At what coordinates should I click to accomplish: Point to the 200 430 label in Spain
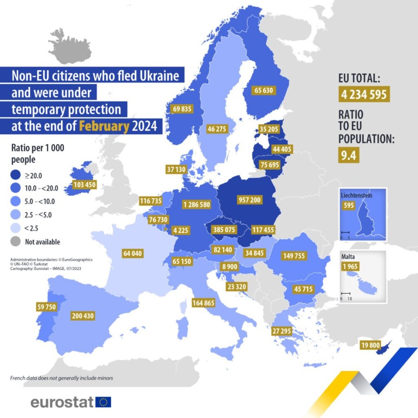pyautogui.click(x=83, y=316)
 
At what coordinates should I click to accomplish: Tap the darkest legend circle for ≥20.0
pyautogui.click(x=17, y=175)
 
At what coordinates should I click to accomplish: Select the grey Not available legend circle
pyautogui.click(x=17, y=242)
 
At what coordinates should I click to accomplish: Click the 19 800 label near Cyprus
pyautogui.click(x=371, y=345)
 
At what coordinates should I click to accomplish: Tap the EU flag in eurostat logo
pyautogui.click(x=103, y=402)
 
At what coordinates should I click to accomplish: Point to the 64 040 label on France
pyautogui.click(x=132, y=254)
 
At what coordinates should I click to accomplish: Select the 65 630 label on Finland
pyautogui.click(x=264, y=91)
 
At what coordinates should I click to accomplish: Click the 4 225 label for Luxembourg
pyautogui.click(x=180, y=229)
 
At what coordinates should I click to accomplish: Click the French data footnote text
pyautogui.click(x=61, y=378)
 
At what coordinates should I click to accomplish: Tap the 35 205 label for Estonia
pyautogui.click(x=269, y=130)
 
